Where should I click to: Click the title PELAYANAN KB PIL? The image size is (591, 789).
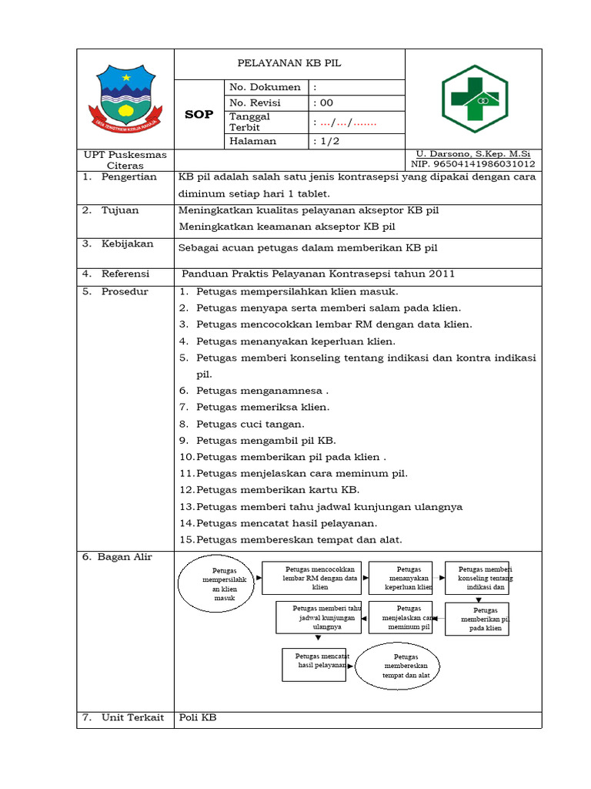289,64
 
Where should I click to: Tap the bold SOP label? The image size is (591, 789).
199,114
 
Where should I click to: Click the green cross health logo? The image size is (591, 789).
473,99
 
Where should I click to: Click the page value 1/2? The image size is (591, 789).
326,142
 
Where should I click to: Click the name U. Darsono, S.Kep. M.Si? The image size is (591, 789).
473,154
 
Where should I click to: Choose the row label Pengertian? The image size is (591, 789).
129,177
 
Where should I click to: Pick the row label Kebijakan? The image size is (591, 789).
127,244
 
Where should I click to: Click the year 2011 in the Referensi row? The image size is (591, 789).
442,274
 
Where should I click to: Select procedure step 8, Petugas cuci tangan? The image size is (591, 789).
250,424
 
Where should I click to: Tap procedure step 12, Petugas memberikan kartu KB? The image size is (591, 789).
277,489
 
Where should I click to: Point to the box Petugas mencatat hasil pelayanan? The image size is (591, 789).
314,664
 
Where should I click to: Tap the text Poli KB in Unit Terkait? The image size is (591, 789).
198,718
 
